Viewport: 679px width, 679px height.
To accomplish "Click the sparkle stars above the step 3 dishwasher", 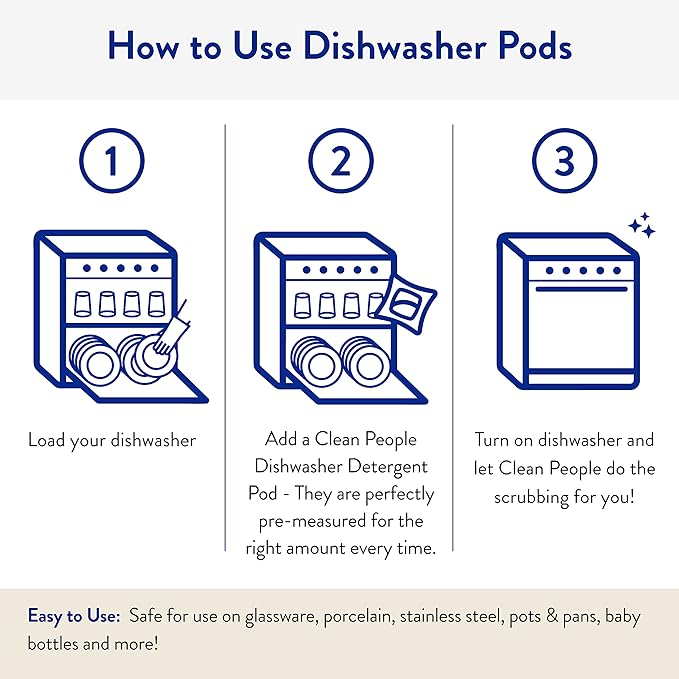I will pyautogui.click(x=641, y=226).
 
